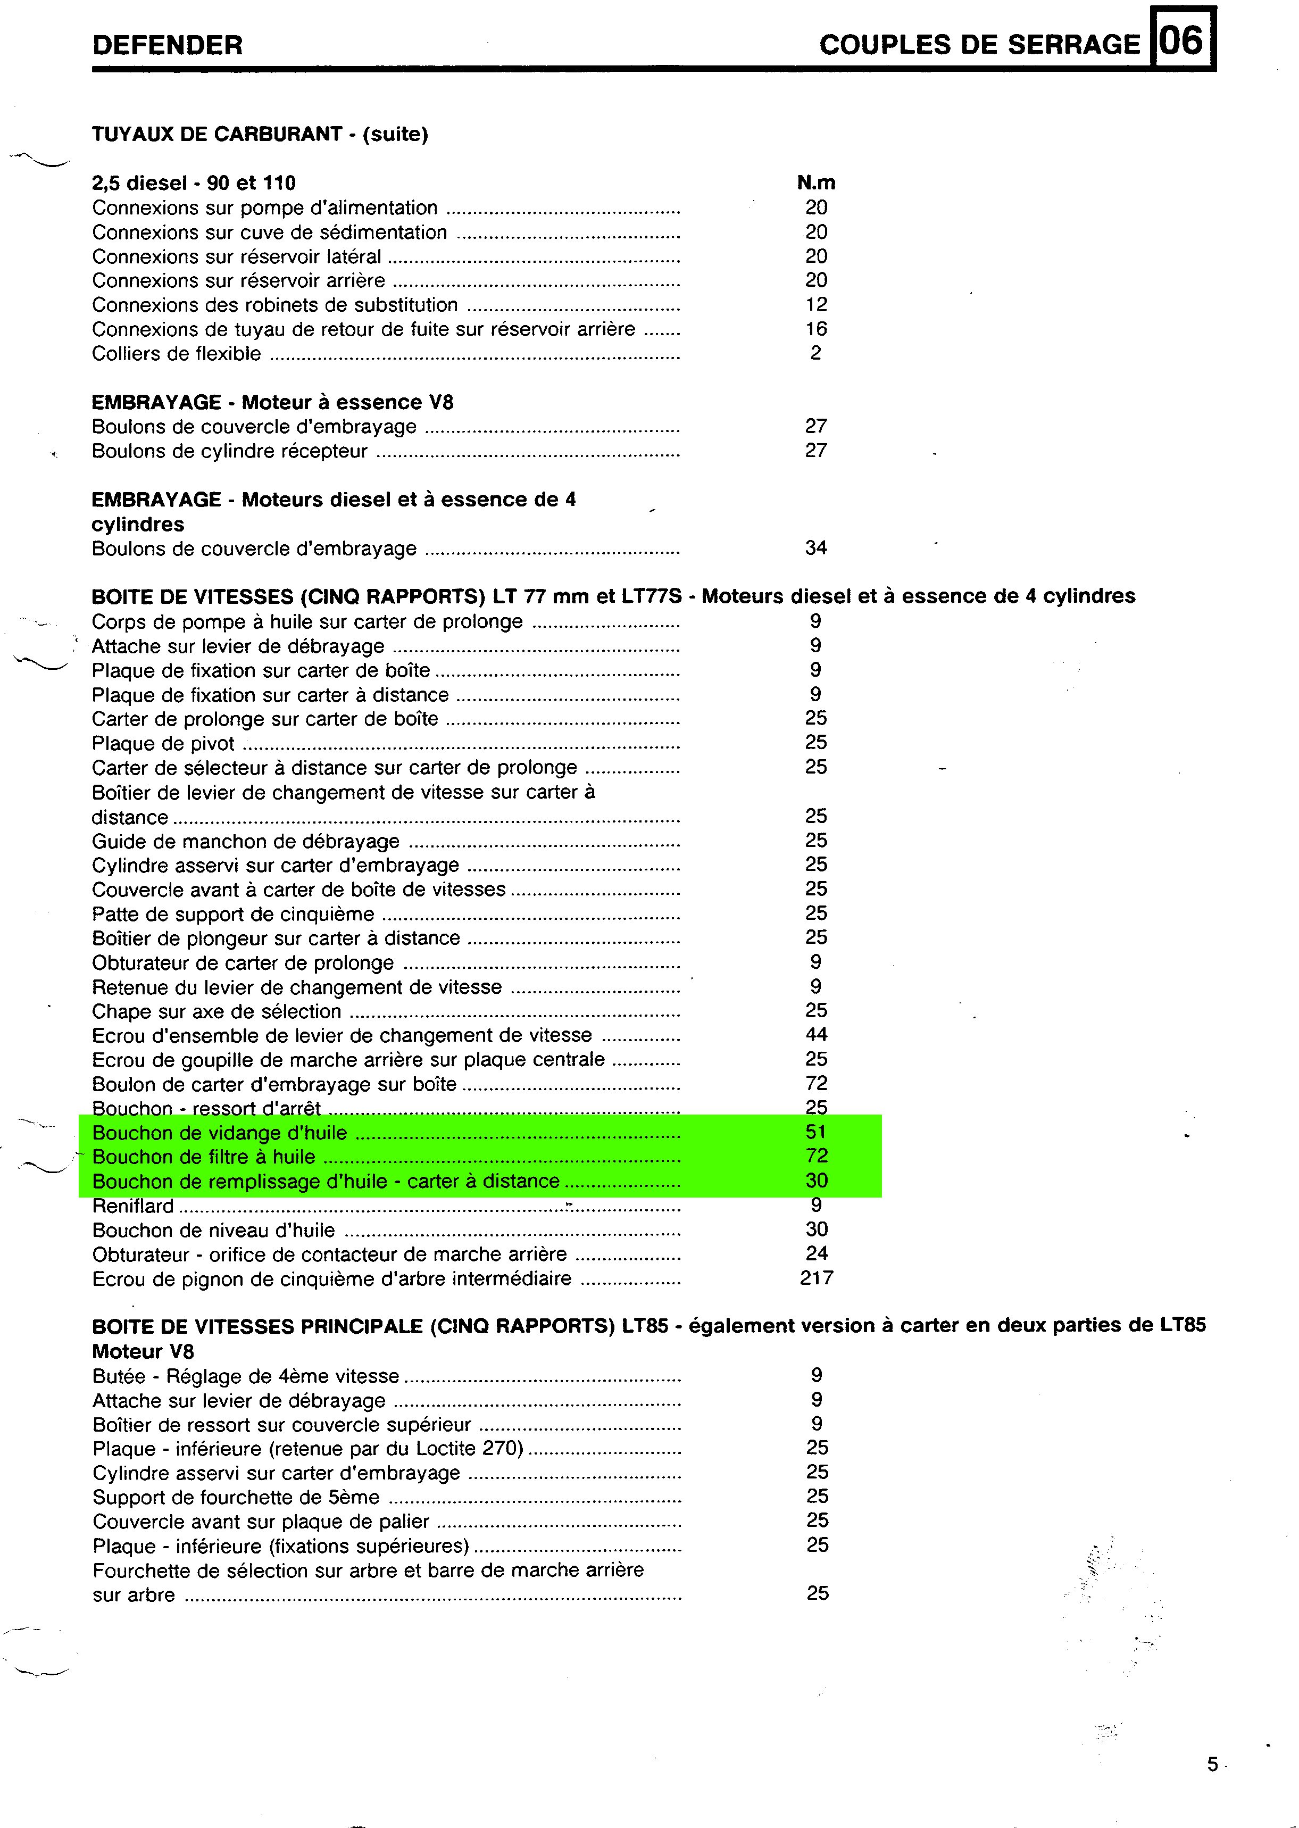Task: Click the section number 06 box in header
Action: tap(1181, 40)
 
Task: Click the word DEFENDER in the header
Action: tap(167, 45)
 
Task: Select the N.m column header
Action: tap(816, 182)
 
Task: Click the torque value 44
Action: tap(816, 1034)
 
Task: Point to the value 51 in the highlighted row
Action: tap(816, 1132)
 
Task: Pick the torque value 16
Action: tap(816, 329)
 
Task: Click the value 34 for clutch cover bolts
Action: tap(816, 548)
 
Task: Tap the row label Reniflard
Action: tap(133, 1206)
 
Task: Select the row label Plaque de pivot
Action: tap(163, 743)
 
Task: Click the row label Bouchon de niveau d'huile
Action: tap(213, 1229)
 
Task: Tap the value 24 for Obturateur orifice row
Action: tap(816, 1253)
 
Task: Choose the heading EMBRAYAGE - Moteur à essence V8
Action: tap(272, 402)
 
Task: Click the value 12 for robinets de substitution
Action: tap(816, 305)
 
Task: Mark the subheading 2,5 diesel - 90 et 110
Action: tap(194, 183)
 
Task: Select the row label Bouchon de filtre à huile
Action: tap(204, 1157)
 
